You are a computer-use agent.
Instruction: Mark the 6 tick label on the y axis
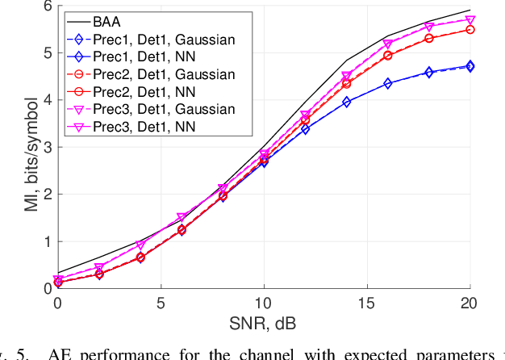[47, 6]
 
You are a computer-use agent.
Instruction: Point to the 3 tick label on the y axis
[47, 147]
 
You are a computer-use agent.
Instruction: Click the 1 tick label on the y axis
[47, 241]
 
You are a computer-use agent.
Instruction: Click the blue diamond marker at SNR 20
[470, 66]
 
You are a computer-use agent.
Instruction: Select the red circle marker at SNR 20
[470, 30]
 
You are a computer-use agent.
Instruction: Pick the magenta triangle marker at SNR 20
[470, 20]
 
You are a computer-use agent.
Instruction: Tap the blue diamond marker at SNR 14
[346, 102]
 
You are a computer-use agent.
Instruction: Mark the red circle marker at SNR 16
[387, 56]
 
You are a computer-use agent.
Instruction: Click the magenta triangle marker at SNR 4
[140, 245]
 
